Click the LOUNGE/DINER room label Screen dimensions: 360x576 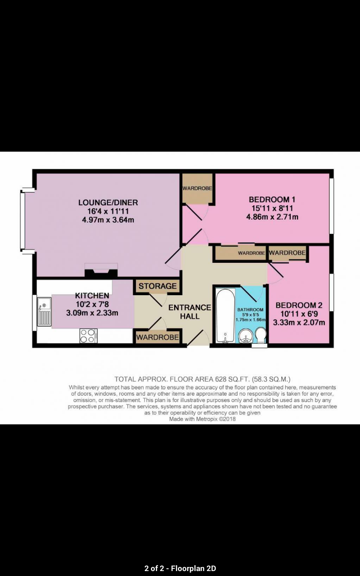108,202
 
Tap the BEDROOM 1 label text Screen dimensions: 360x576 272,199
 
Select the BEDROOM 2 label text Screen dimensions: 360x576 299,305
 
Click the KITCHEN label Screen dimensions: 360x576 92,296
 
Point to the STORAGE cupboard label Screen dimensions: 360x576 157,286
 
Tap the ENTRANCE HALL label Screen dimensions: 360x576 190,312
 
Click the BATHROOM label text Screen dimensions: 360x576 250,310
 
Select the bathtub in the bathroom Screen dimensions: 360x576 225,315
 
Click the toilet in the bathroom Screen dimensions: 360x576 260,336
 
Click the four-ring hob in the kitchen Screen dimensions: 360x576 89,336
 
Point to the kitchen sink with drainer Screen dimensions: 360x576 44,312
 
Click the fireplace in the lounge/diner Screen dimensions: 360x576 101,270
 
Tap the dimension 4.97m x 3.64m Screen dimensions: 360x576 108,220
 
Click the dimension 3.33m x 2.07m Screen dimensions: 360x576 299,323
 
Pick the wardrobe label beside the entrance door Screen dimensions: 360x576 157,337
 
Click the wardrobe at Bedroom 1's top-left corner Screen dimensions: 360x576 197,189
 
